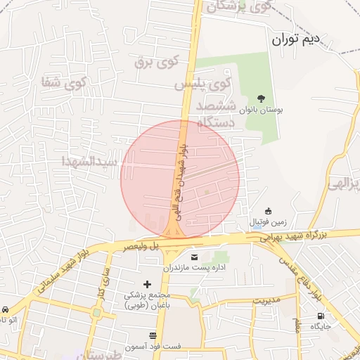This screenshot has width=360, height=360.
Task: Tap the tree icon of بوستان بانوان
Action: point(261,99)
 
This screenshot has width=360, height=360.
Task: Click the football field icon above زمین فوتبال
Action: point(267,211)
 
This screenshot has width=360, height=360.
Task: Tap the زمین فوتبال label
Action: point(266,222)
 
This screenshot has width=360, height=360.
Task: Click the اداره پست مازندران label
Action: point(193,268)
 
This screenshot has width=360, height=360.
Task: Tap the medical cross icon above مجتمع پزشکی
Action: point(146,284)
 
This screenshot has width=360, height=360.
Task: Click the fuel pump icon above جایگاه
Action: point(321,316)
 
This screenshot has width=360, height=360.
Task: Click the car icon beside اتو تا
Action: point(5,310)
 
